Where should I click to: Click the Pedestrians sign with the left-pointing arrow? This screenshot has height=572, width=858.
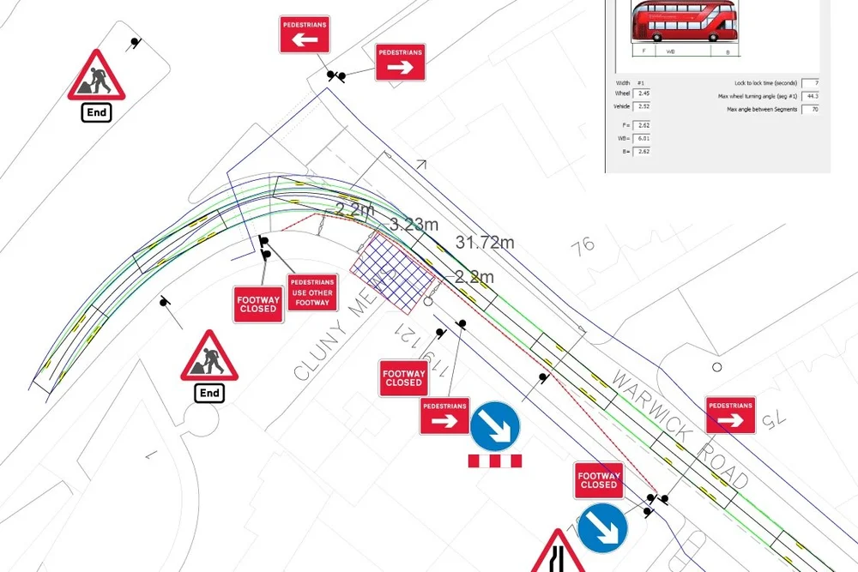[x=304, y=34]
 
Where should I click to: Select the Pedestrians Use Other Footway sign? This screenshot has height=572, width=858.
[x=312, y=292]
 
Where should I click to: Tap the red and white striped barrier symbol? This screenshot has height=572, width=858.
[x=495, y=461]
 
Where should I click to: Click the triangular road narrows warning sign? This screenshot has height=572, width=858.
[x=558, y=553]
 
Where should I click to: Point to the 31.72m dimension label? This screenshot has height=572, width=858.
[x=485, y=243]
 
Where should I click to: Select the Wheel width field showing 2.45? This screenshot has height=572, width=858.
[x=643, y=93]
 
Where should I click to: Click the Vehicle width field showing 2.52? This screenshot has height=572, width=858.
[x=643, y=106]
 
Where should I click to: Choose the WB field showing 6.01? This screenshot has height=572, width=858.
[x=643, y=138]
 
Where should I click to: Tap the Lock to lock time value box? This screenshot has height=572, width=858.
[x=810, y=82]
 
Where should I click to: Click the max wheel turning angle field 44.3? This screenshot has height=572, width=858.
[x=810, y=96]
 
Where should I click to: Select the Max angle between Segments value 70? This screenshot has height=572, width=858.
[x=810, y=109]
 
